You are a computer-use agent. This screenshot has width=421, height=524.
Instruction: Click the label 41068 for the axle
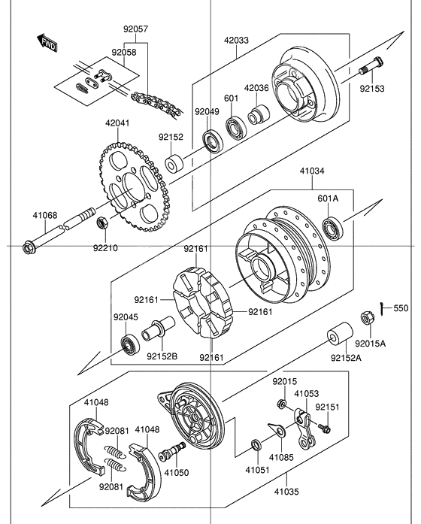point(44,216)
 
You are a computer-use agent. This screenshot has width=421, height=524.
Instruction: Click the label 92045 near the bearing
point(126,317)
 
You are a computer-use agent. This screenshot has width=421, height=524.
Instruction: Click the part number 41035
point(286,493)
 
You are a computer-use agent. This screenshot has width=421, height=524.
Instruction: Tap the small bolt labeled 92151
point(326,429)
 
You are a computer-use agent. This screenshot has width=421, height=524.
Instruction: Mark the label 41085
point(283,456)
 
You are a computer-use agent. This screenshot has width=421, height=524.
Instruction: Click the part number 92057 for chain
point(136,29)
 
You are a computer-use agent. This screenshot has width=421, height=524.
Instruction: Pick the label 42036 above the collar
point(256,88)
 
